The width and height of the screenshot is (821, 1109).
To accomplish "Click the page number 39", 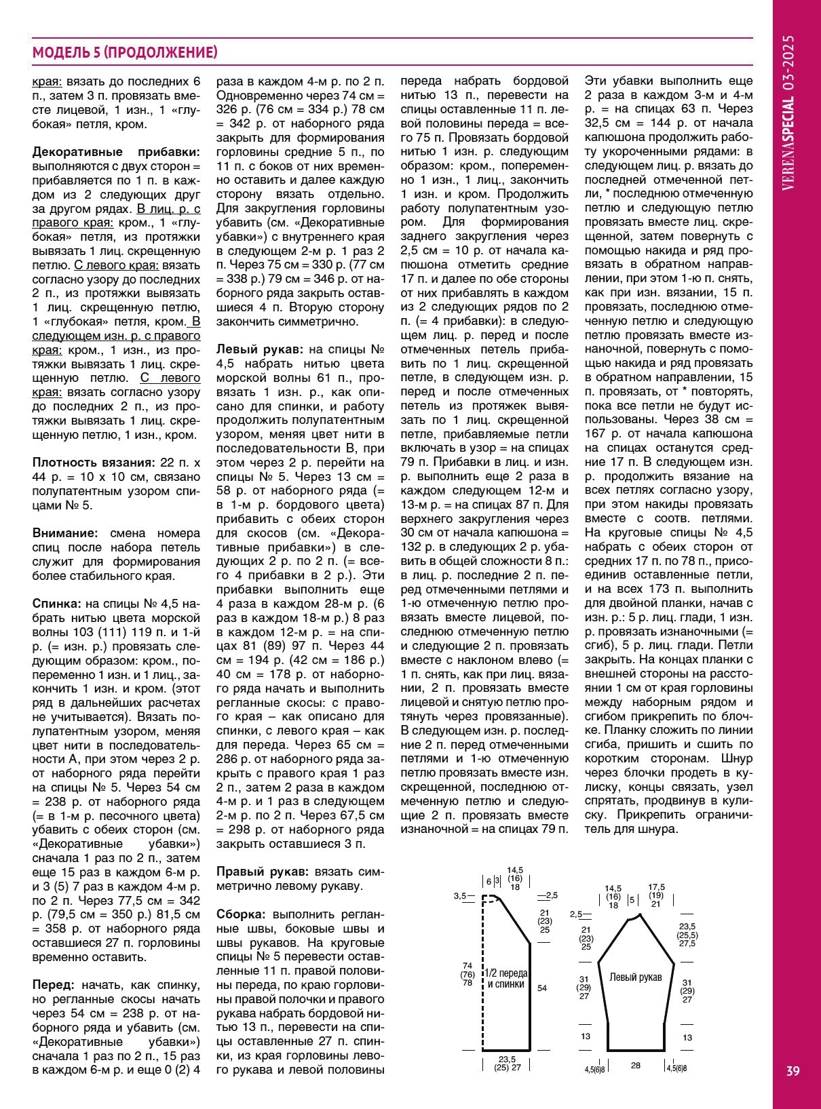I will [793, 1071].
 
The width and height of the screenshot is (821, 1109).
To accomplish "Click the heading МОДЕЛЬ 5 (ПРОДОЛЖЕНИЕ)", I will [125, 53].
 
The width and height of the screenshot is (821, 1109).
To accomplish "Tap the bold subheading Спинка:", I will [57, 604].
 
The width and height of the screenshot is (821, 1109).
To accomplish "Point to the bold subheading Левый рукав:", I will [259, 350].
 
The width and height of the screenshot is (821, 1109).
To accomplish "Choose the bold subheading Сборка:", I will [242, 914].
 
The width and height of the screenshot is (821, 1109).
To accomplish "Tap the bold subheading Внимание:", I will [65, 533].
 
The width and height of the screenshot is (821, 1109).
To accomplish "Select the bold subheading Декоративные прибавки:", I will [116, 152].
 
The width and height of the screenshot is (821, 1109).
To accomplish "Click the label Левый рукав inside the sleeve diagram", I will [635, 977].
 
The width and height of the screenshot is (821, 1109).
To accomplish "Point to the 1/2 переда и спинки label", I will [506, 978].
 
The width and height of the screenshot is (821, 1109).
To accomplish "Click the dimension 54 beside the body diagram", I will [542, 988].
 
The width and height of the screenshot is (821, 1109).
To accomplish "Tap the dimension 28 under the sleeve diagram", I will [635, 1066].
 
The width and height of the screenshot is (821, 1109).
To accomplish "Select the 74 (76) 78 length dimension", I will [467, 974].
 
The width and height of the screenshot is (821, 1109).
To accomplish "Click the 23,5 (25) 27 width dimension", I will [507, 1063].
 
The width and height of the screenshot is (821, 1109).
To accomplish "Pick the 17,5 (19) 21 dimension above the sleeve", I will [656, 895].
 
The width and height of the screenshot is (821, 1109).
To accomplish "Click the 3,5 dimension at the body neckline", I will [459, 896].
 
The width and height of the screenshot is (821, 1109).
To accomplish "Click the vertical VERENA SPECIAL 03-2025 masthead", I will [788, 113].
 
